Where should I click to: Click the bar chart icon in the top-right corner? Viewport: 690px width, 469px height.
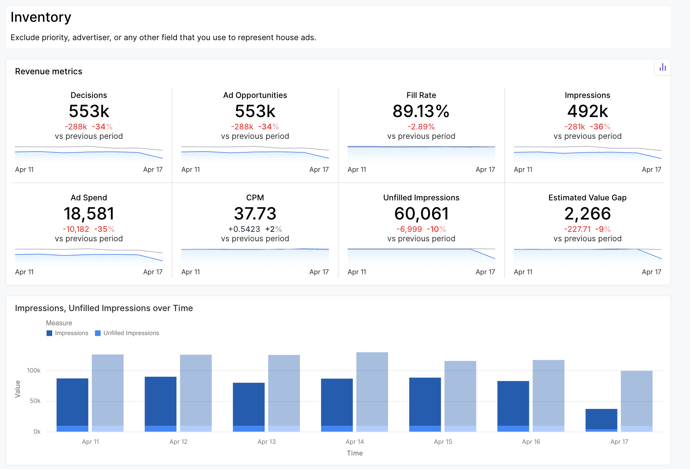pyautogui.click(x=663, y=68)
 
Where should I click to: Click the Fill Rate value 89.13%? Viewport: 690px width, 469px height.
pyautogui.click(x=421, y=111)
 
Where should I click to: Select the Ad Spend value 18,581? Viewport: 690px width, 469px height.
pyautogui.click(x=89, y=213)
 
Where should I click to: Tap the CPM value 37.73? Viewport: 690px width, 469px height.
pyautogui.click(x=255, y=213)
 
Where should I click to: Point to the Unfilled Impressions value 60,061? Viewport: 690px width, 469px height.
pyautogui.click(x=421, y=213)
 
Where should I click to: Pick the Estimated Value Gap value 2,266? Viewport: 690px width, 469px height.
pyautogui.click(x=587, y=213)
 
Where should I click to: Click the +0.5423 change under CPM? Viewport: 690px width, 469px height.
pyautogui.click(x=244, y=229)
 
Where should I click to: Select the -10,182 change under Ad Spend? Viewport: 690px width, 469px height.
pyautogui.click(x=76, y=229)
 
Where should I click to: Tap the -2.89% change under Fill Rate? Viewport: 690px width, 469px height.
pyautogui.click(x=421, y=127)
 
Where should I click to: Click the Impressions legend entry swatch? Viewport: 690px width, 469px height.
pyautogui.click(x=49, y=333)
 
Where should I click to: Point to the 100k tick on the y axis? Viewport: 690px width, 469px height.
pyautogui.click(x=34, y=370)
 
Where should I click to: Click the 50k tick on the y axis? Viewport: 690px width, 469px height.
pyautogui.click(x=35, y=401)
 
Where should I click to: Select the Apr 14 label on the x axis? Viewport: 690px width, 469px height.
pyautogui.click(x=355, y=442)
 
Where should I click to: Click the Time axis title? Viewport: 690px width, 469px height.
pyautogui.click(x=355, y=453)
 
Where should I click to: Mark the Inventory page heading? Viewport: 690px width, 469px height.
pyautogui.click(x=41, y=17)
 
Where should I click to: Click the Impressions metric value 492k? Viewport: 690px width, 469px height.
pyautogui.click(x=587, y=111)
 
